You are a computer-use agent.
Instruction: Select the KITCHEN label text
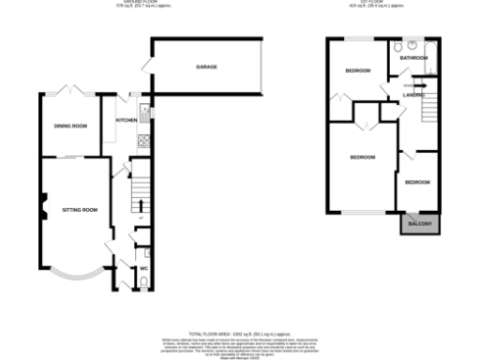coord(126,121)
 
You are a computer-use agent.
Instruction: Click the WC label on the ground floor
coord(143,269)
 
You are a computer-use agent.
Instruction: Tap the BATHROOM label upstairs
coord(413,58)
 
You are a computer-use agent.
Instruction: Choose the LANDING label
coord(413,95)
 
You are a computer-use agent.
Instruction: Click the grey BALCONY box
coord(419,223)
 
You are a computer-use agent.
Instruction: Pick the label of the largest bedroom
coord(362,157)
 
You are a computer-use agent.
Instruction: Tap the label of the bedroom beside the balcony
coord(418,182)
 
